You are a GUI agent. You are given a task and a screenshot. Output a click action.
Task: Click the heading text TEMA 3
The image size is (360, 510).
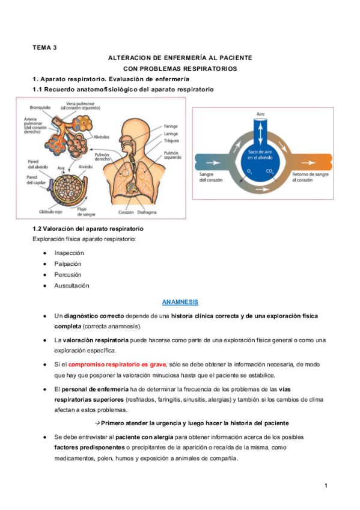(x=44, y=48)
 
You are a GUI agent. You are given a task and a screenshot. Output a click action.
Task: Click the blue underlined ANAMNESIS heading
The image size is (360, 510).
(x=180, y=301)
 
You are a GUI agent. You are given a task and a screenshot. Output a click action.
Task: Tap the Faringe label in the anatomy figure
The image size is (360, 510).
(x=171, y=127)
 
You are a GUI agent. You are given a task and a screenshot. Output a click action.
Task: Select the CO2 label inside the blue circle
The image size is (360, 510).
(x=269, y=172)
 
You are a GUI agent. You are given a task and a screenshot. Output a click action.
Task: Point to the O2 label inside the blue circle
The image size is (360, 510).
(x=250, y=172)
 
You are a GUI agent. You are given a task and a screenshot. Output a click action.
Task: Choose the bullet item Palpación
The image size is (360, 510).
(x=67, y=264)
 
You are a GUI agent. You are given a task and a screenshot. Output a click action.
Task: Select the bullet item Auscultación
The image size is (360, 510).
(x=71, y=286)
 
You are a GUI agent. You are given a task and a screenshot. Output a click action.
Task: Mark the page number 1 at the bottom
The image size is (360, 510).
(x=325, y=486)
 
